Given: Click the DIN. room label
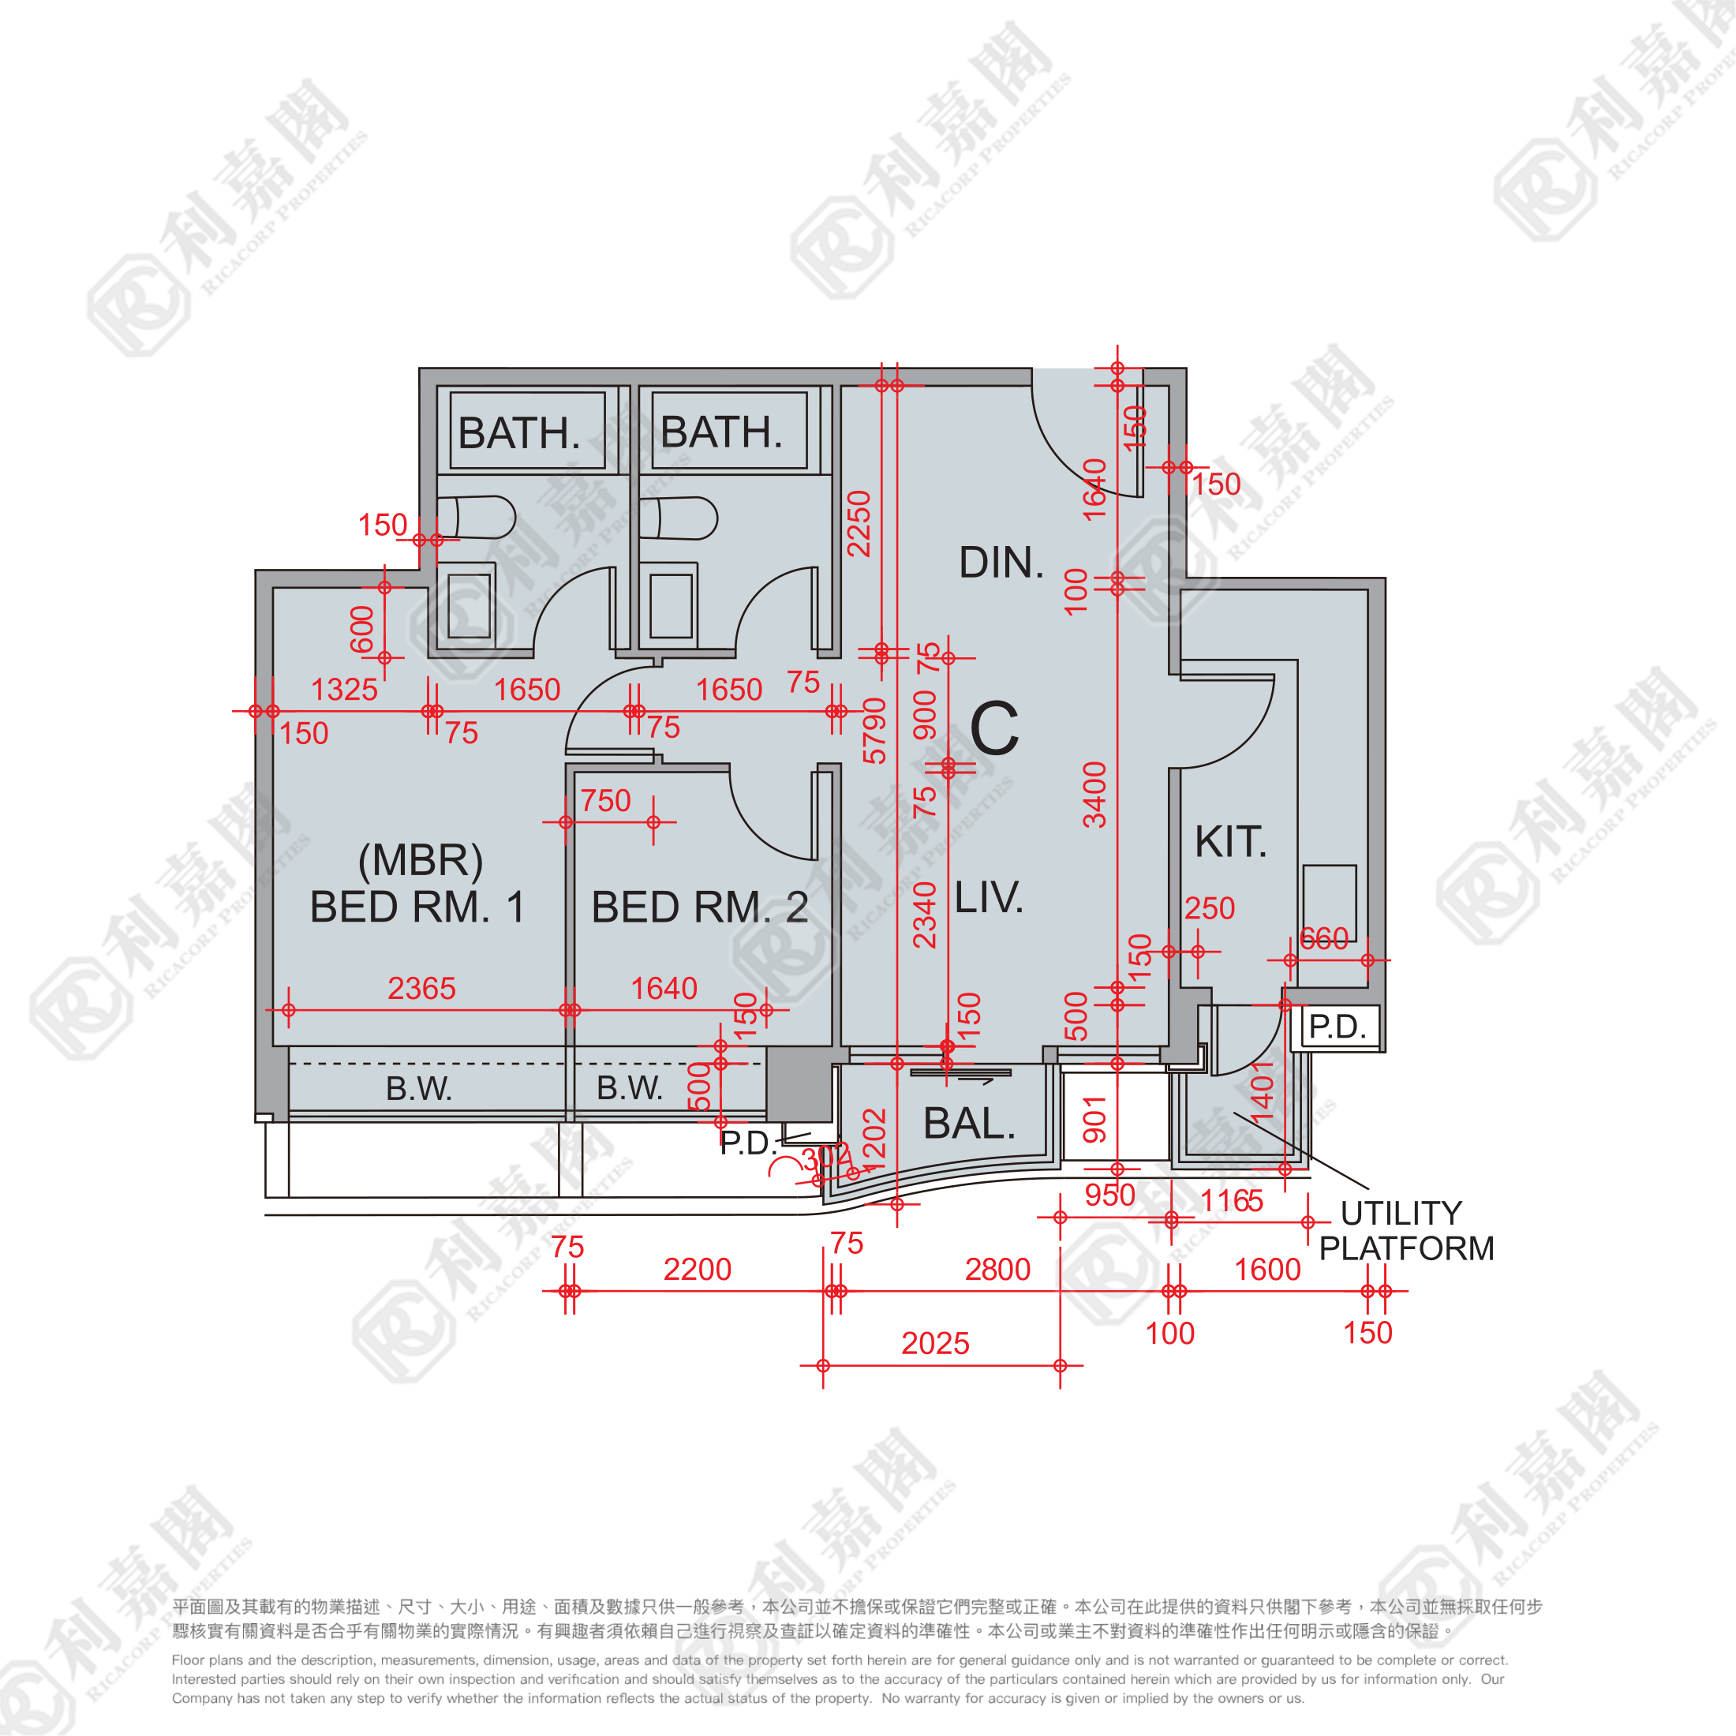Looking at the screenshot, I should pyautogui.click(x=1001, y=563).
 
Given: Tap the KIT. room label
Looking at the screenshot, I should pyautogui.click(x=1230, y=843).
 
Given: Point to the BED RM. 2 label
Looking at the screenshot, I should pyautogui.click(x=699, y=907).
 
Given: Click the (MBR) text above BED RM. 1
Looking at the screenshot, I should pyautogui.click(x=420, y=861).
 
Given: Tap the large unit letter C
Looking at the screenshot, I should pyautogui.click(x=995, y=728).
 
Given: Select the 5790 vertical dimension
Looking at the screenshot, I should pyautogui.click(x=874, y=730).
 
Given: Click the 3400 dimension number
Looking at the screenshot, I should pyautogui.click(x=1094, y=795).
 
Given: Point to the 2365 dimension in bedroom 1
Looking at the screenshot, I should pyautogui.click(x=421, y=989).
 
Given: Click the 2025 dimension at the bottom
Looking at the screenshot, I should pyautogui.click(x=935, y=1343).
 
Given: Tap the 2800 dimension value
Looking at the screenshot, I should pyautogui.click(x=997, y=1270).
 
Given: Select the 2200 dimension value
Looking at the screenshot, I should pyautogui.click(x=698, y=1270).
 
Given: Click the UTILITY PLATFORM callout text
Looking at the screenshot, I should pyautogui.click(x=1405, y=1230).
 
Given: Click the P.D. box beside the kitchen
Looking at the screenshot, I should pyautogui.click(x=1336, y=1026).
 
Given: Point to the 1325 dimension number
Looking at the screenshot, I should pyautogui.click(x=344, y=689).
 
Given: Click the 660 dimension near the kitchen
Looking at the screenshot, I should pyautogui.click(x=1323, y=939).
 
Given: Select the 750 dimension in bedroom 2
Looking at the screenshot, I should pyautogui.click(x=605, y=801).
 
